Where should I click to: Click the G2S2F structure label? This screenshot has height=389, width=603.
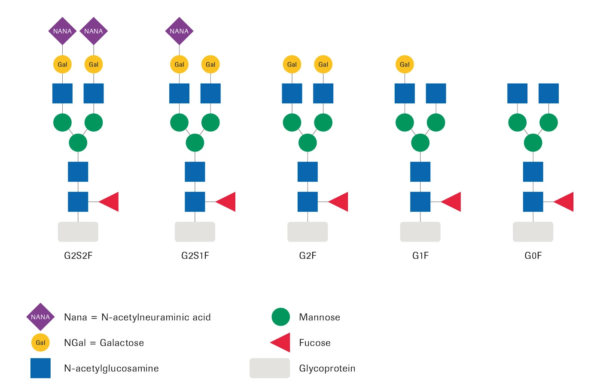click(x=78, y=256)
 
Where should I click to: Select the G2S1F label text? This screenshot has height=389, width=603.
click(x=195, y=256)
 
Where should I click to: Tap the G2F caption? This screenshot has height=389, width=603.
click(x=308, y=256)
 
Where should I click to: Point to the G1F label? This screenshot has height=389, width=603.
click(x=420, y=256)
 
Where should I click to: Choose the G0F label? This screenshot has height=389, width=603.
click(x=533, y=256)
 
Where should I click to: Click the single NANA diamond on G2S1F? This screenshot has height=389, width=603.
click(x=179, y=31)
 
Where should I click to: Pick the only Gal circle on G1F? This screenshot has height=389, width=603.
click(x=405, y=64)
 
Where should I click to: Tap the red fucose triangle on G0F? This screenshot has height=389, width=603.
click(x=565, y=202)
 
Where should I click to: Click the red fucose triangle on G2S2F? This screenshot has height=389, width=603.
click(x=110, y=202)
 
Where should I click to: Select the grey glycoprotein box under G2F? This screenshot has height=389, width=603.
click(x=308, y=232)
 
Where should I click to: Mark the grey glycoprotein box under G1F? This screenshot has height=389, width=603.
click(x=420, y=232)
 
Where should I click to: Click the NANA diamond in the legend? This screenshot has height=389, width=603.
click(x=40, y=317)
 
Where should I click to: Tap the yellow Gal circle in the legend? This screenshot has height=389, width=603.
click(x=40, y=343)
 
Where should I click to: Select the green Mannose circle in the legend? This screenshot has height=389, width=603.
click(x=281, y=317)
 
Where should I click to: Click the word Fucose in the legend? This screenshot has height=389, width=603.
click(x=315, y=343)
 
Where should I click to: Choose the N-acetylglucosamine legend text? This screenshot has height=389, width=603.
click(x=111, y=368)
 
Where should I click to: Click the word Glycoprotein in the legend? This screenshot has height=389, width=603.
click(x=327, y=368)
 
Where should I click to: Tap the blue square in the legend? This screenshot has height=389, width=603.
click(x=40, y=368)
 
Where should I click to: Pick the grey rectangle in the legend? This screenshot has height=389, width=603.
click(x=270, y=368)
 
